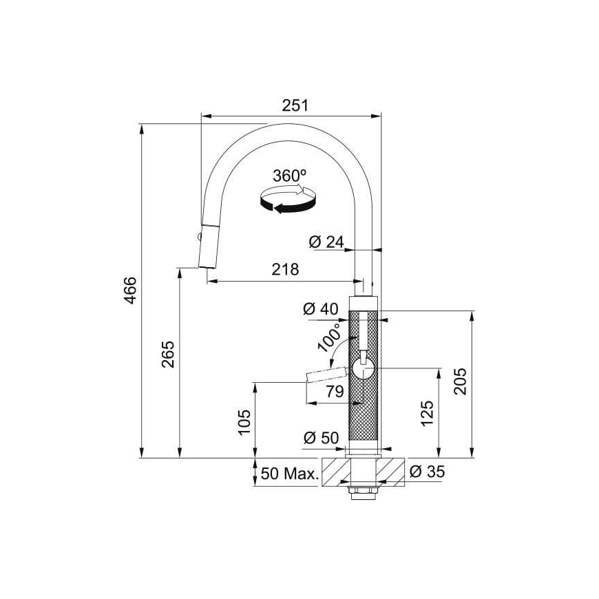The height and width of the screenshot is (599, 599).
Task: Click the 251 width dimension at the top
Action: (x=295, y=105)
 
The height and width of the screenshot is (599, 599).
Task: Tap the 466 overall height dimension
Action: (x=131, y=291)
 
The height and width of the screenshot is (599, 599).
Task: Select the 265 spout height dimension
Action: (x=168, y=354)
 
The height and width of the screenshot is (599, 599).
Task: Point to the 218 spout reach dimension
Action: (x=285, y=269)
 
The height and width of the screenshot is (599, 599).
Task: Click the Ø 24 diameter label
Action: (x=326, y=242)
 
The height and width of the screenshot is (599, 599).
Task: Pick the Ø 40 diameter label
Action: (x=321, y=308)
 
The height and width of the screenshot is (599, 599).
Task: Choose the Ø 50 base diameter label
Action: (x=322, y=438)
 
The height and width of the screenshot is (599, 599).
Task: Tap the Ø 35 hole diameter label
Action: (x=427, y=472)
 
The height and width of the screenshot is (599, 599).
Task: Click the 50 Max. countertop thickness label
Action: (x=290, y=474)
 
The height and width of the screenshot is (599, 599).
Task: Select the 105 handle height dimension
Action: (x=244, y=422)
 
